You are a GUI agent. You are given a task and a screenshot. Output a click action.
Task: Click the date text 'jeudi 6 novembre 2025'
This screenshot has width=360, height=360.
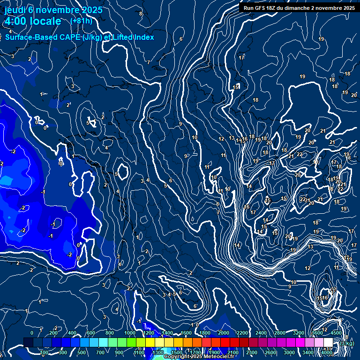[53, 9]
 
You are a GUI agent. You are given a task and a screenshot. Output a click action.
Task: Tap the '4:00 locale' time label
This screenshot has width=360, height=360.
[32, 21]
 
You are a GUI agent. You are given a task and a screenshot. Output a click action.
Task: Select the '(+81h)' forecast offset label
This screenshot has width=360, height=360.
[81, 21]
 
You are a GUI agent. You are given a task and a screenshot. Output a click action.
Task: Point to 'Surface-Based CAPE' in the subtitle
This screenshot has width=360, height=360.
[43, 37]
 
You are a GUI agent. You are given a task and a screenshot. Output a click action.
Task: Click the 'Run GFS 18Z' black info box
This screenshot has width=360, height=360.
[299, 7]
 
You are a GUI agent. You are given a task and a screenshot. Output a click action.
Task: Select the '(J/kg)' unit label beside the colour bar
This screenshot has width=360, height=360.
[347, 344]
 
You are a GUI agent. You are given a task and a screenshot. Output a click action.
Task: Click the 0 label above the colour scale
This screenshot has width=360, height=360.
[32, 333]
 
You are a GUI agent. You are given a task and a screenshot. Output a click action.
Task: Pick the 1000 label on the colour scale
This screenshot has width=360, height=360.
[130, 333]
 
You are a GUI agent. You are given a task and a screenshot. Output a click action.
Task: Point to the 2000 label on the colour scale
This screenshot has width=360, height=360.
[224, 333]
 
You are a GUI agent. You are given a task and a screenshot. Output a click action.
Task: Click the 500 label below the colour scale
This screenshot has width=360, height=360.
[82, 352]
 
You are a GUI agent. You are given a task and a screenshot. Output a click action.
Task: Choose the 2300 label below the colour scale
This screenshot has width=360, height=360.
[251, 352]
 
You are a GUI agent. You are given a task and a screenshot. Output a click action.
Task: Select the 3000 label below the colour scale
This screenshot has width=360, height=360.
[289, 352]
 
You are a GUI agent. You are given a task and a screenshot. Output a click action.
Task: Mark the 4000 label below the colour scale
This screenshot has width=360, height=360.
[327, 352]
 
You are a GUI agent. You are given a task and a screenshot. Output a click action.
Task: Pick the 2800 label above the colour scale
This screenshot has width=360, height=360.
[279, 333]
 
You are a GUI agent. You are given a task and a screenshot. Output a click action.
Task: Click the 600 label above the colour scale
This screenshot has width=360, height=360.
[91, 333]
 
